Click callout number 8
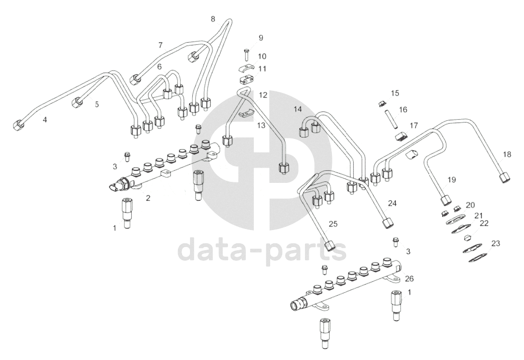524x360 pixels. [213, 19]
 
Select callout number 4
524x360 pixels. [45, 119]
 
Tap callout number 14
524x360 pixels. [297, 109]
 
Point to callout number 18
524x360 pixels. [507, 155]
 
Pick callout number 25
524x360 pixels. [333, 224]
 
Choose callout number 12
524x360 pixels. [263, 95]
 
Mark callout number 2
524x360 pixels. [148, 198]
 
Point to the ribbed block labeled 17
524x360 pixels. [401, 136]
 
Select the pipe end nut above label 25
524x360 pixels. [330, 245]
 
